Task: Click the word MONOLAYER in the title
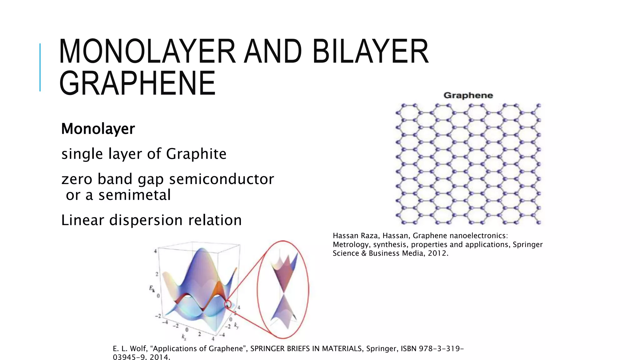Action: click(x=147, y=51)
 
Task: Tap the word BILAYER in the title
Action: click(x=371, y=51)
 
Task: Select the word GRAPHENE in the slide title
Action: click(x=137, y=83)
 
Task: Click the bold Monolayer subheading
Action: click(x=98, y=129)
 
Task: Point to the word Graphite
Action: click(x=196, y=154)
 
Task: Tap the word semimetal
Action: click(x=135, y=195)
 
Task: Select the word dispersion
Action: click(x=146, y=220)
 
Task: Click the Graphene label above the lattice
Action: click(x=468, y=96)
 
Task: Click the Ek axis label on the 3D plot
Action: click(x=152, y=288)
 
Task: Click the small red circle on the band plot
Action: click(x=228, y=304)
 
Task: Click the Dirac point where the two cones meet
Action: click(x=283, y=294)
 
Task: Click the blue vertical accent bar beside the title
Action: click(x=40, y=67)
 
